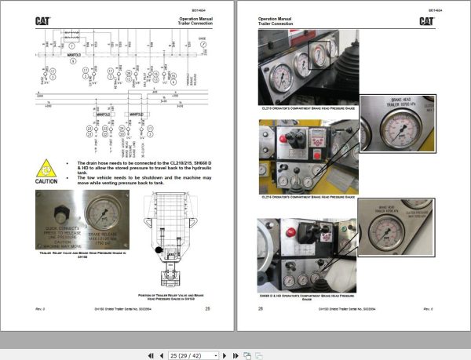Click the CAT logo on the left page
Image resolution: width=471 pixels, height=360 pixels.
[43, 21]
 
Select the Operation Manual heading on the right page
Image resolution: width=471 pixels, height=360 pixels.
[275, 17]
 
